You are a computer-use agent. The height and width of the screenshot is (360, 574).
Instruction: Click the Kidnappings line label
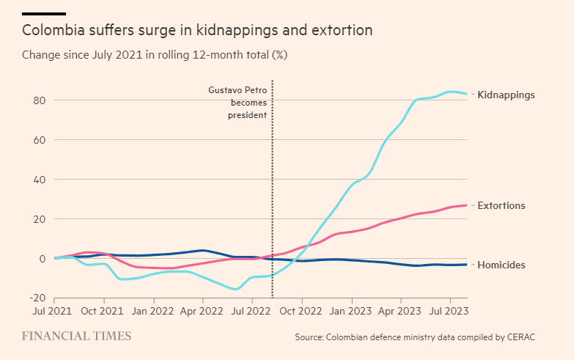(x=506, y=95)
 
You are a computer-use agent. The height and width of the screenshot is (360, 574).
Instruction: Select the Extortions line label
(x=501, y=205)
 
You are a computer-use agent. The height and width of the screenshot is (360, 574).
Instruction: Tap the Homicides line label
(x=501, y=265)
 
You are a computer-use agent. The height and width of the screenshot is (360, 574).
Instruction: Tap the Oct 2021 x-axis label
(x=103, y=311)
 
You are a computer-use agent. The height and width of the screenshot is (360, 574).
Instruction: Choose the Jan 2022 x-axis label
(x=153, y=311)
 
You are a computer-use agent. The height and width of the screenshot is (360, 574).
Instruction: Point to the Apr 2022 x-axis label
(x=202, y=311)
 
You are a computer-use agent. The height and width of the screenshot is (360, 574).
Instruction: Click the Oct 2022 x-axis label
(x=301, y=311)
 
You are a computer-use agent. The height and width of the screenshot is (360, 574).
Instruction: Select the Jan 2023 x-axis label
(x=351, y=311)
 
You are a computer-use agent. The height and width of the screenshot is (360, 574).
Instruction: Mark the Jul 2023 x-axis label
(x=448, y=311)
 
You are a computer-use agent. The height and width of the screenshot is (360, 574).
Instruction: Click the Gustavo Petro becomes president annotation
(x=238, y=103)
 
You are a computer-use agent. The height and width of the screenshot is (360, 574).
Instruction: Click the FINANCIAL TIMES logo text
(x=76, y=336)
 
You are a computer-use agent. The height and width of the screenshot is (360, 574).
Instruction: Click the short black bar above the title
(x=44, y=13)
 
